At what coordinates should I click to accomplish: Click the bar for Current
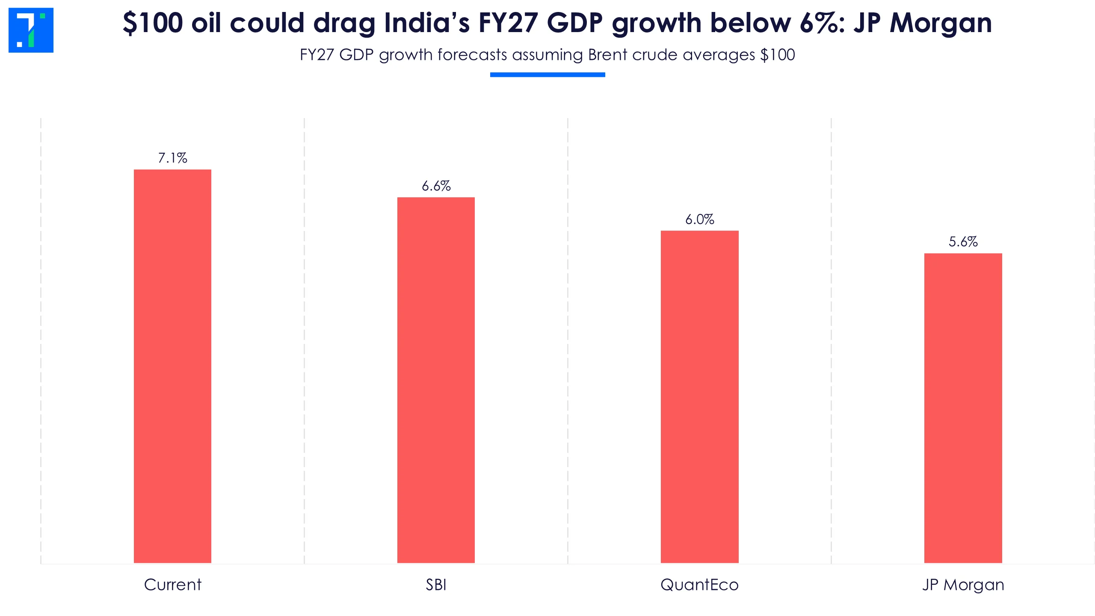pyautogui.click(x=172, y=366)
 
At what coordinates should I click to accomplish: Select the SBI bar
pyautogui.click(x=436, y=380)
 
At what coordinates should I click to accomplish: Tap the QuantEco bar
pyautogui.click(x=699, y=397)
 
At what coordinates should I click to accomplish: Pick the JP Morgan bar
pyautogui.click(x=963, y=408)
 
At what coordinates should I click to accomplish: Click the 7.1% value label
pyautogui.click(x=172, y=158)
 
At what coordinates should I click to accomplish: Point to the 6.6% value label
pyautogui.click(x=436, y=186)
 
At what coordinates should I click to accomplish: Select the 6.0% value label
pyautogui.click(x=699, y=219)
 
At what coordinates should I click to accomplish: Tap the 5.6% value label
pyautogui.click(x=963, y=242)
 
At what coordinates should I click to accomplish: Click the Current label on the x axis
pyautogui.click(x=172, y=585)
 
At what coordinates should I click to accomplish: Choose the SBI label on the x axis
pyautogui.click(x=436, y=585)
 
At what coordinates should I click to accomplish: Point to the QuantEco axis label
pyautogui.click(x=699, y=585)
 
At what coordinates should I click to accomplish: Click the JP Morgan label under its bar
pyautogui.click(x=963, y=585)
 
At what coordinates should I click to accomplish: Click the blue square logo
pyautogui.click(x=31, y=30)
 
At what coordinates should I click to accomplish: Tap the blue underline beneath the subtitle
pyautogui.click(x=547, y=75)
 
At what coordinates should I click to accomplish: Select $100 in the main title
pyautogui.click(x=153, y=23)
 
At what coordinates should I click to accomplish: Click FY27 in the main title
pyautogui.click(x=508, y=23)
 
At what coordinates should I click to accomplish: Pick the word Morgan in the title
pyautogui.click(x=941, y=23)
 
